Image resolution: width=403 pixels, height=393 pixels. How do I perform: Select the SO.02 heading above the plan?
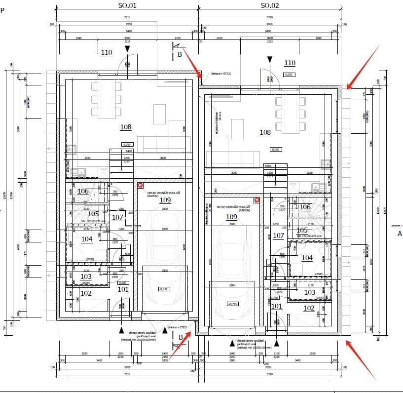tap(269, 5)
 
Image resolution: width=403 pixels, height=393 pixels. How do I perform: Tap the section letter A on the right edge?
tap(400, 234)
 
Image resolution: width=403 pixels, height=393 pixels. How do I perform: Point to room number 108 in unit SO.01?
tap(126, 127)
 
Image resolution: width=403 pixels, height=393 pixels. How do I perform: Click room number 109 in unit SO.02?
tap(231, 217)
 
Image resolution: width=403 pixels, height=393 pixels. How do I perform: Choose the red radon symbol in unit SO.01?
tap(141, 186)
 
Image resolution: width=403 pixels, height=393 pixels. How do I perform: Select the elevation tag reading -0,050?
tap(289, 75)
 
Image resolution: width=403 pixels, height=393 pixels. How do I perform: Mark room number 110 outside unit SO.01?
tap(107, 52)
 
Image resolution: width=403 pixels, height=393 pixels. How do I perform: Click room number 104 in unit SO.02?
tap(307, 258)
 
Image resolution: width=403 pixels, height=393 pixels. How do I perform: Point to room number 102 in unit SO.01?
tap(86, 293)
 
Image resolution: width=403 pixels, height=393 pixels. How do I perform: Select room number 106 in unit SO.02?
tap(305, 207)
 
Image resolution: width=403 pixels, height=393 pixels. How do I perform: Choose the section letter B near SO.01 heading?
tap(180, 54)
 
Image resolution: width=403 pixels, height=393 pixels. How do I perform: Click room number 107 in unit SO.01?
tap(117, 217)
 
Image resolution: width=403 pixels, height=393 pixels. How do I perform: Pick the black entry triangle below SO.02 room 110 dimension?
tap(269, 59)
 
